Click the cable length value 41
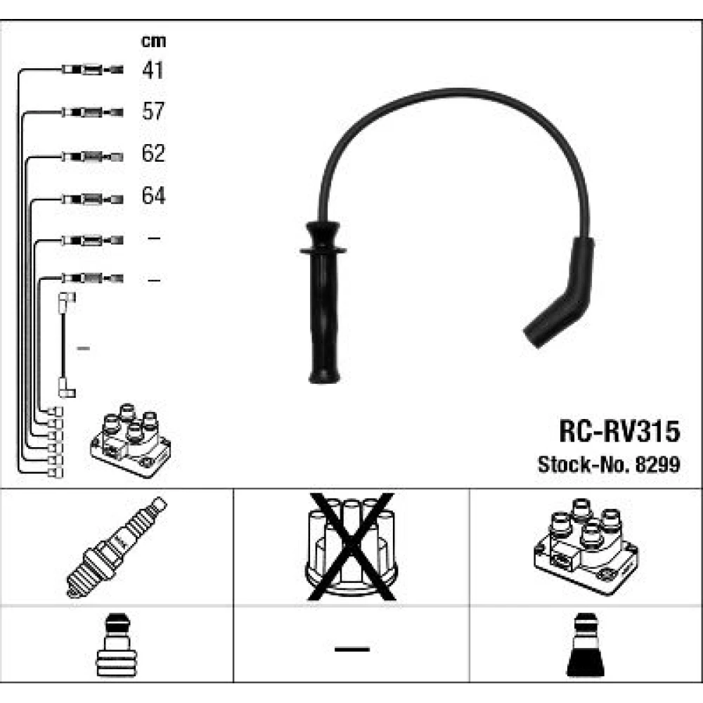153,70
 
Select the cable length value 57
153,111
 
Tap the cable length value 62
153,153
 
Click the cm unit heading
153,41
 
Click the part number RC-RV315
619,431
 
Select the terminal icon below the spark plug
115,647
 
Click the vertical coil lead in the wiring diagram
65,344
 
